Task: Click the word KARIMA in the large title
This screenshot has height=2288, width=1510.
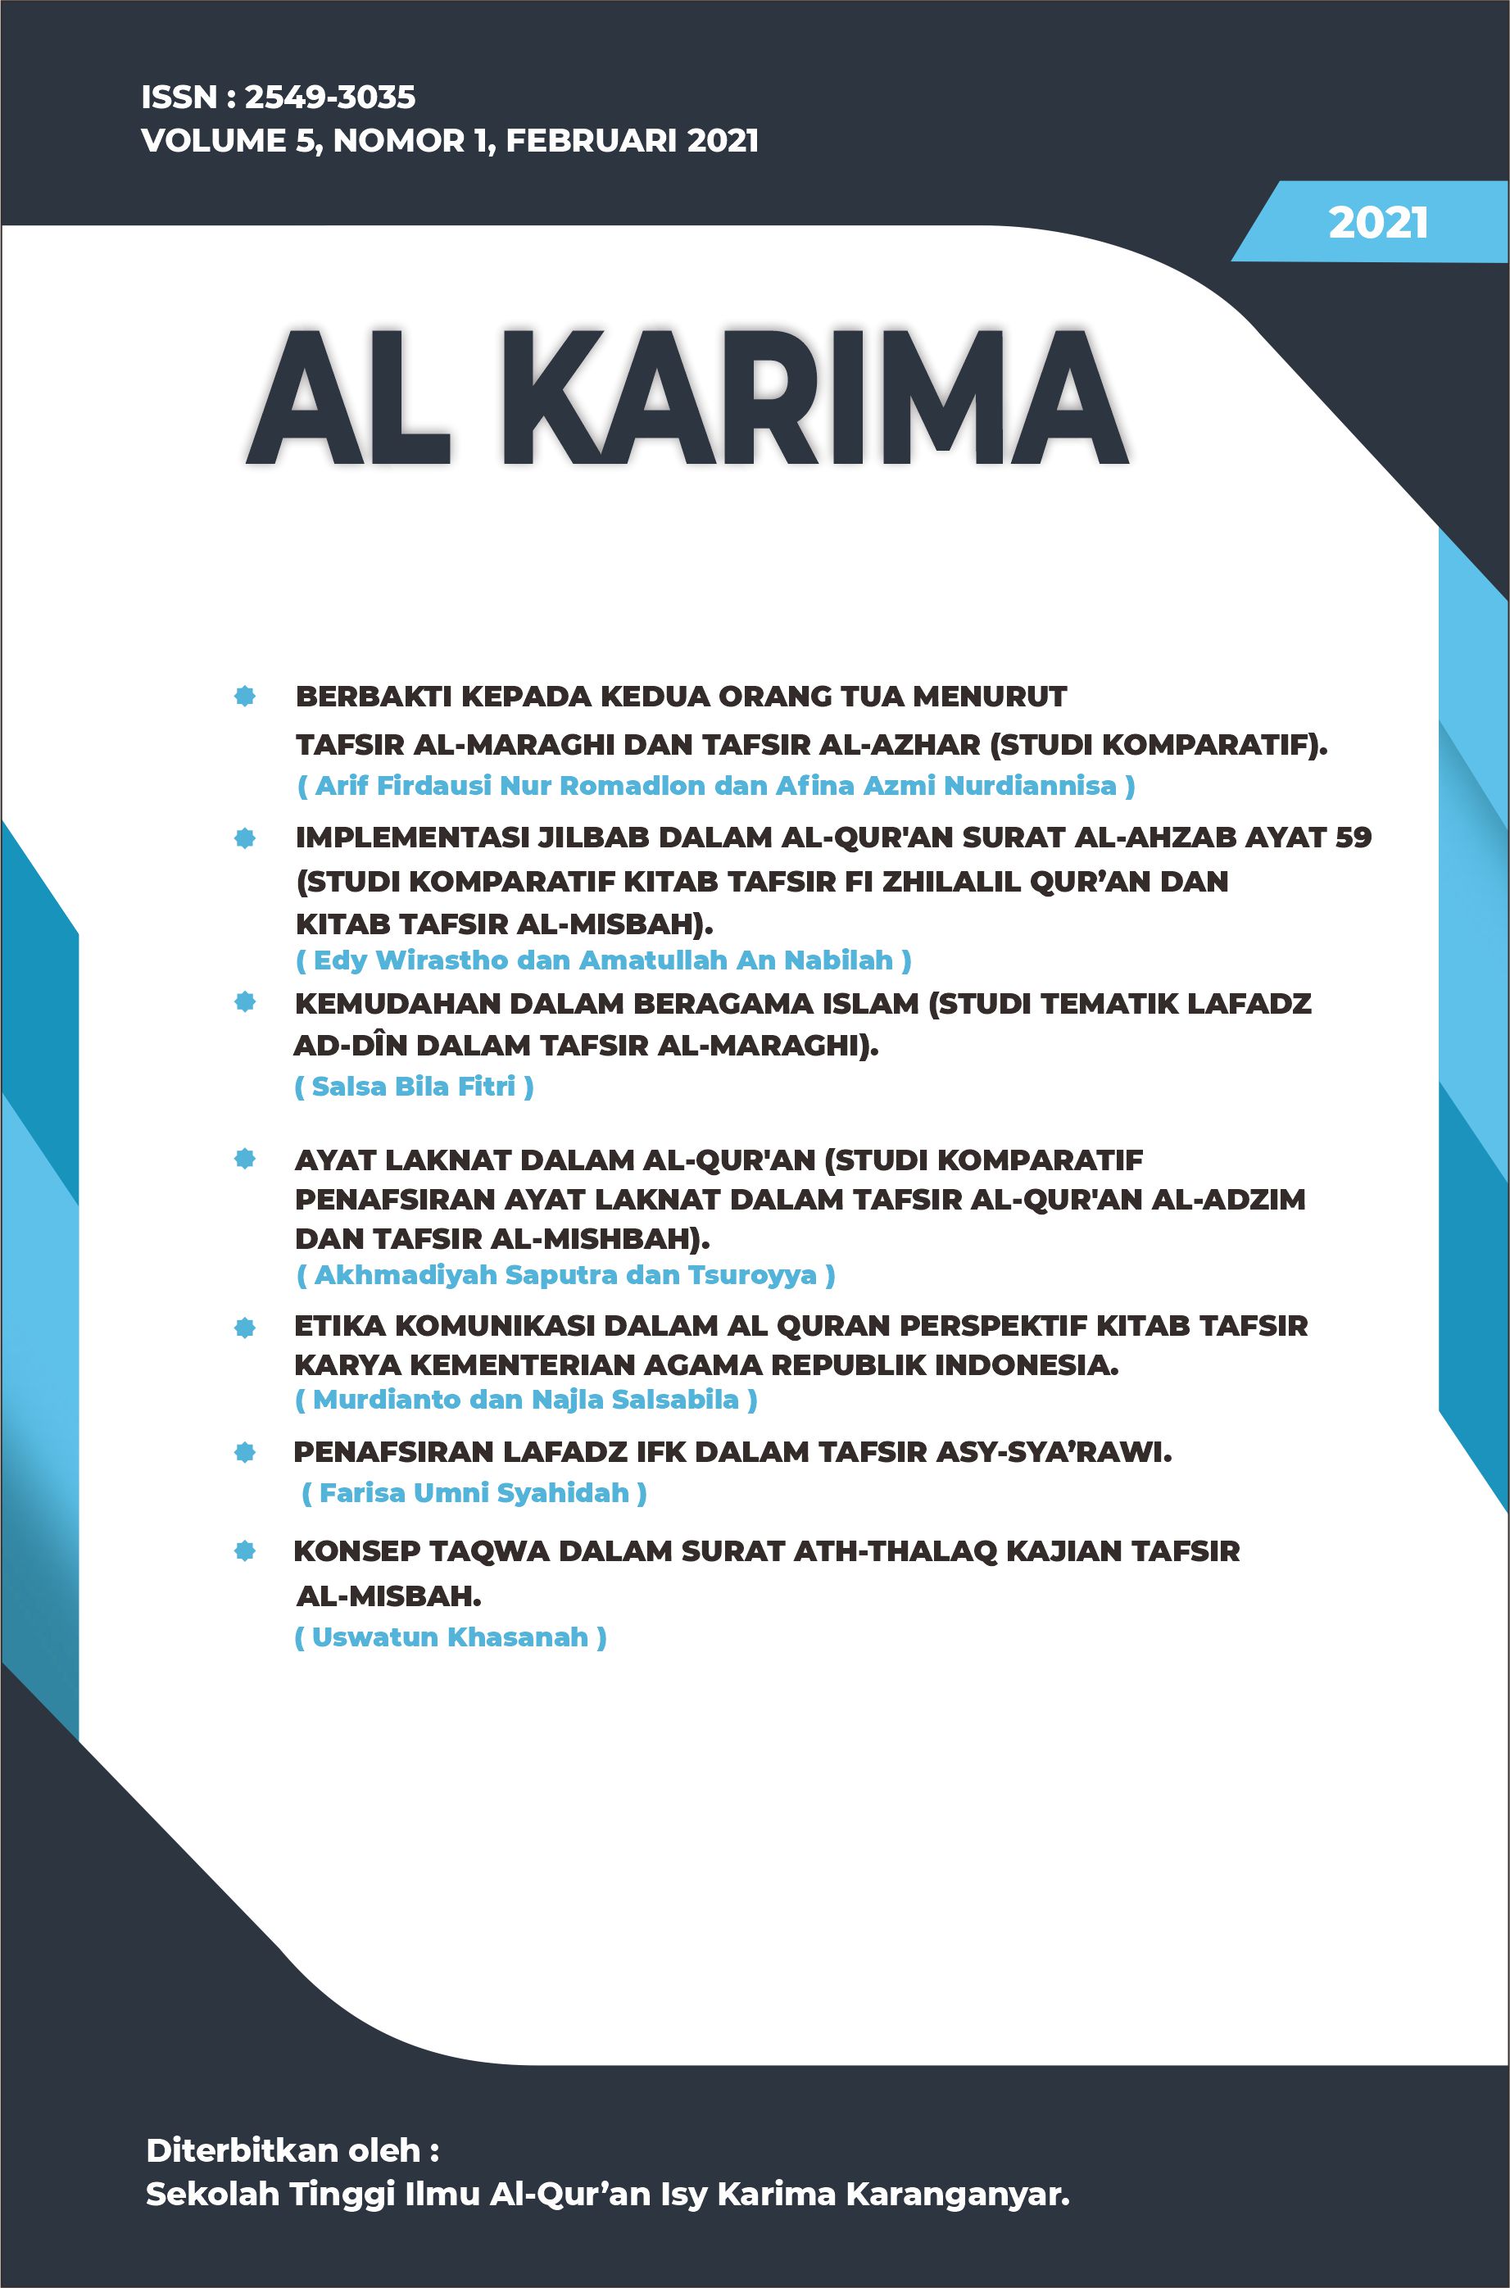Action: [x=828, y=398]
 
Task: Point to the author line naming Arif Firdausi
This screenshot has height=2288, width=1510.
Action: [x=715, y=786]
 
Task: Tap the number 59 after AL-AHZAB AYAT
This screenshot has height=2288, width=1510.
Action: [x=1353, y=837]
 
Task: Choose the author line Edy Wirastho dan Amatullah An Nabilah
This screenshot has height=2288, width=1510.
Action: [x=603, y=960]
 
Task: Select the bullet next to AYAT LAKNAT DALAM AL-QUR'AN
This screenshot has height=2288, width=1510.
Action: [x=245, y=1159]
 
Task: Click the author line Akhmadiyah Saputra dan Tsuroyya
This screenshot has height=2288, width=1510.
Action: [x=565, y=1275]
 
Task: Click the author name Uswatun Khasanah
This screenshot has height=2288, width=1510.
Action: [x=450, y=1637]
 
